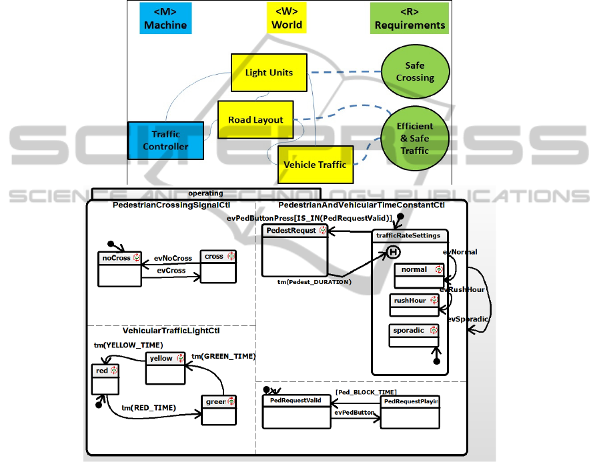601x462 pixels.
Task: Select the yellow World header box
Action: click(286, 18)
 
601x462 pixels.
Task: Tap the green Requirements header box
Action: click(410, 18)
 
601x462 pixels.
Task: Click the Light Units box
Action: click(269, 73)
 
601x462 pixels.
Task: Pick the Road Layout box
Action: click(255, 120)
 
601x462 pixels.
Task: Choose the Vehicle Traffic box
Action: click(315, 164)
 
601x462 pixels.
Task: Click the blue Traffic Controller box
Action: click(165, 140)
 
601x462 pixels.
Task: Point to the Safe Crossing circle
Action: click(414, 72)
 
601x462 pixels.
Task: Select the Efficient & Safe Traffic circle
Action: click(414, 138)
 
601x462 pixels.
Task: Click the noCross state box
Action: click(119, 269)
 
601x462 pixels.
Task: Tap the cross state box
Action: click(218, 266)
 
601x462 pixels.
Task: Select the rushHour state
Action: click(414, 305)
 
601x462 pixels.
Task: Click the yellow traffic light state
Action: click(165, 368)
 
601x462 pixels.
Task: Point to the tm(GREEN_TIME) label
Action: click(223, 356)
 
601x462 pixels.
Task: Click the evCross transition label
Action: click(171, 271)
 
